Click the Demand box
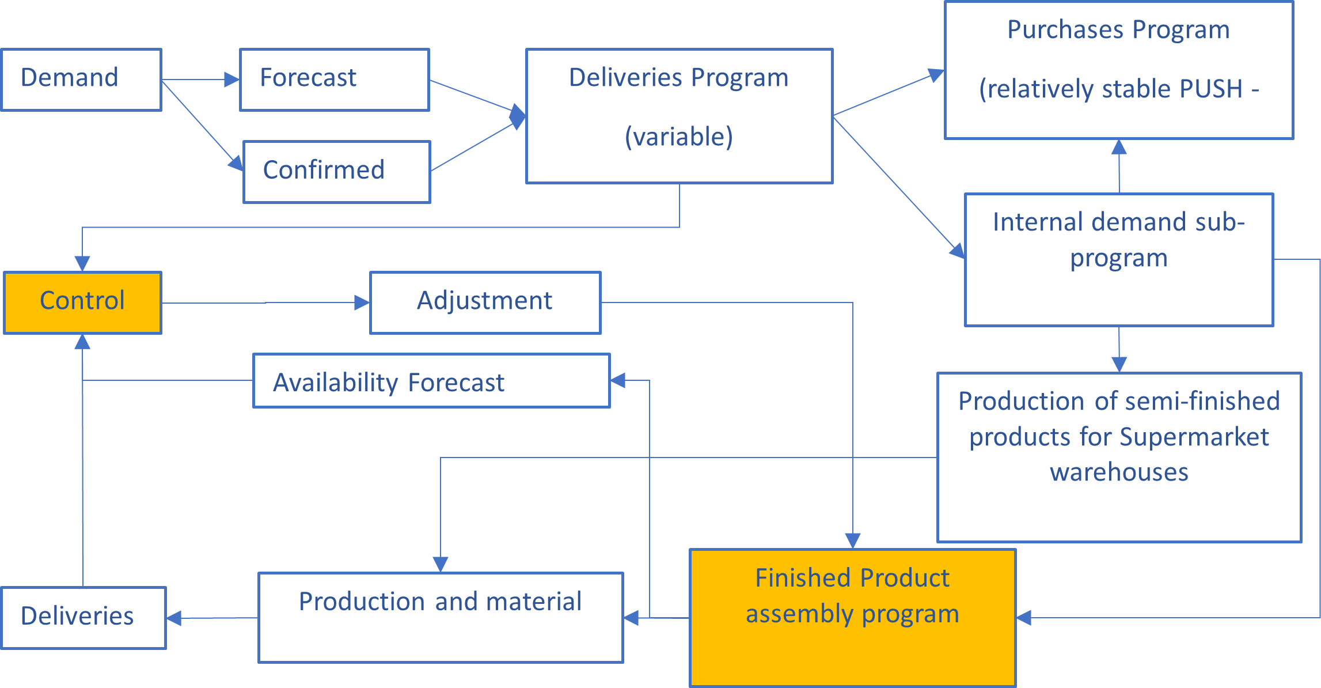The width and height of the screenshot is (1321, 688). (x=81, y=80)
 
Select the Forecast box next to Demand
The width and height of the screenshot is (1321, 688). (x=334, y=80)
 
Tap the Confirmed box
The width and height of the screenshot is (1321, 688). (x=337, y=172)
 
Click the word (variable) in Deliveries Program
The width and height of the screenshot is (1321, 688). (x=679, y=137)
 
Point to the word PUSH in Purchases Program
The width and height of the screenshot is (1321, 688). (x=1211, y=89)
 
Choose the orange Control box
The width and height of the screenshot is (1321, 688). (x=82, y=303)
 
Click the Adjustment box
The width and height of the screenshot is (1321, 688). (x=485, y=303)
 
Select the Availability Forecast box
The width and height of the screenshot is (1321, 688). (x=431, y=381)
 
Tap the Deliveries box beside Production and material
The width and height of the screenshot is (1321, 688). (x=83, y=618)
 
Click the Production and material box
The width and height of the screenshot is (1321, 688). (x=441, y=617)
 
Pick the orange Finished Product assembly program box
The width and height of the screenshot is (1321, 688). (x=852, y=617)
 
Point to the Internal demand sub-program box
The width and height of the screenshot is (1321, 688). (x=1118, y=259)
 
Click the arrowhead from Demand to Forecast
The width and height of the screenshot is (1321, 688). (x=232, y=80)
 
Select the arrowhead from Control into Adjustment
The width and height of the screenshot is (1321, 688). (x=362, y=303)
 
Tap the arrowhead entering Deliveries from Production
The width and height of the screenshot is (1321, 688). (x=174, y=618)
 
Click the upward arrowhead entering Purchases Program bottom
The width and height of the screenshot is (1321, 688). (x=1119, y=147)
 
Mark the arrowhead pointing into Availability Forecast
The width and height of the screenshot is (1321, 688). (x=618, y=380)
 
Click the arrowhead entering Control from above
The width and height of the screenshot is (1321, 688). (x=82, y=263)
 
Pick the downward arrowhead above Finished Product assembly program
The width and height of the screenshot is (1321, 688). (x=853, y=540)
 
